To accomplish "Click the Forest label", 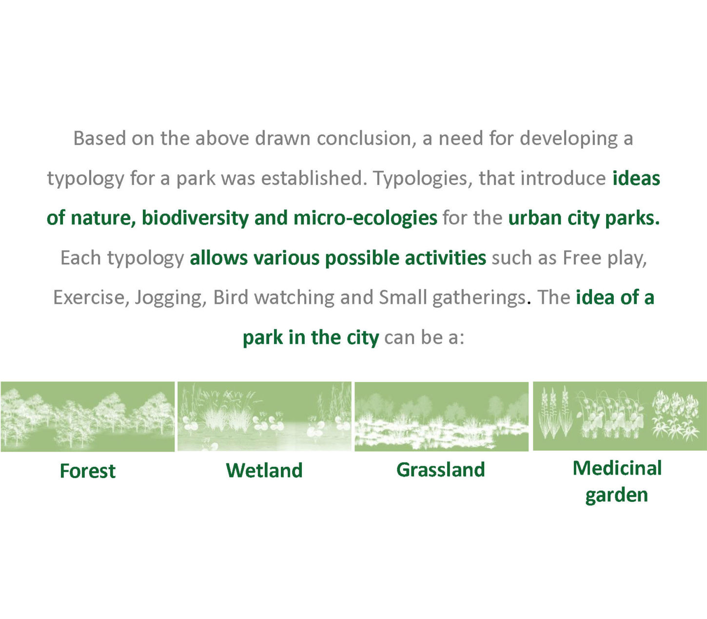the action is [87, 471].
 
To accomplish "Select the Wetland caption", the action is [264, 470].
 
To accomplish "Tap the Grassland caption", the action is [441, 470].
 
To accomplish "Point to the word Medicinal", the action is [617, 468].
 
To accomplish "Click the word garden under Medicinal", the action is [616, 495].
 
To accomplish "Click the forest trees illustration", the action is [87, 417].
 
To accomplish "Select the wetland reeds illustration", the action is [264, 416].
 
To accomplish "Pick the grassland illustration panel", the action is [442, 417].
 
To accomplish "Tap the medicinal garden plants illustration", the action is [620, 416].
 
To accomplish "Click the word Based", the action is [99, 138].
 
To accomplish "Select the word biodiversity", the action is [195, 218].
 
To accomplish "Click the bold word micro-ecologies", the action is [365, 218].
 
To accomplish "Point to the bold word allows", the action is [219, 258].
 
